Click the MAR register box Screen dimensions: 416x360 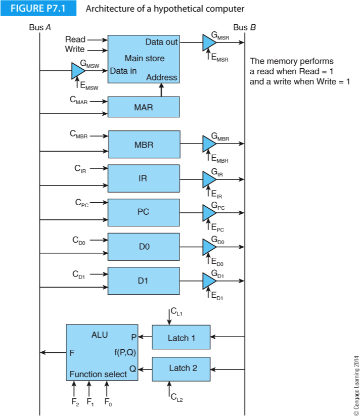click(x=144, y=107)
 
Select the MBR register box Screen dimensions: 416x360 click(x=144, y=145)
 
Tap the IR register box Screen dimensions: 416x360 click(x=144, y=178)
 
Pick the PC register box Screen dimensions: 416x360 click(x=144, y=212)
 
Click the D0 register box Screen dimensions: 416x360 click(x=144, y=247)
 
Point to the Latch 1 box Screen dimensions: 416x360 click(x=181, y=337)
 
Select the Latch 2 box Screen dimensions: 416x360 click(x=181, y=368)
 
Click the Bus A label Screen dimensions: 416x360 click(x=40, y=27)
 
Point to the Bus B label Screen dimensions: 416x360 click(x=245, y=27)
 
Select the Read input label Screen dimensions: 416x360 click(x=75, y=39)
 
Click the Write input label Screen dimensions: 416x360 click(x=75, y=49)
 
